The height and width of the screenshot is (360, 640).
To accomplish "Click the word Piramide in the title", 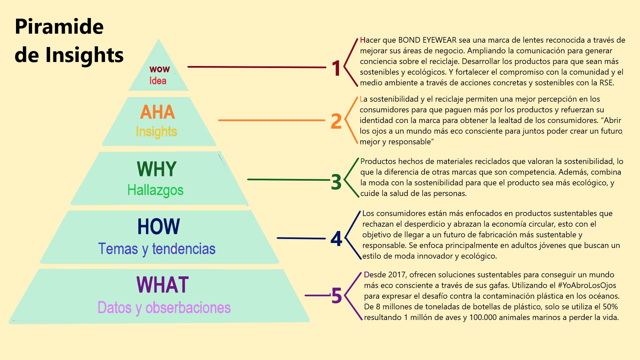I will click(59, 27).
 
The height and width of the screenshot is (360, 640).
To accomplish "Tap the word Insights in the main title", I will click(84, 55).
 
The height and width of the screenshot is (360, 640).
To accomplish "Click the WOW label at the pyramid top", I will click(160, 69).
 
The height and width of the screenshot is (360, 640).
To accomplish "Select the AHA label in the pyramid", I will click(157, 112).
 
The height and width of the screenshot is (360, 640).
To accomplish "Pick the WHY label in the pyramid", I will click(156, 169).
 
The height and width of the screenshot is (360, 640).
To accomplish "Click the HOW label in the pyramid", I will click(158, 227).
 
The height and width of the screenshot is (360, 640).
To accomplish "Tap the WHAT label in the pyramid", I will click(163, 285).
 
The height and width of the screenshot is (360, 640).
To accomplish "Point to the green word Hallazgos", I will click(155, 190).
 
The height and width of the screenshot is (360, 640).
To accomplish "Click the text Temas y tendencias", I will click(157, 249).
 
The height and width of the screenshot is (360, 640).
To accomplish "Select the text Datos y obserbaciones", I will click(164, 307).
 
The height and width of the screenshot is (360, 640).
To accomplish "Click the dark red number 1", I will click(336, 69).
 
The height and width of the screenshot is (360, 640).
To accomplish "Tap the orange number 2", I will click(336, 121).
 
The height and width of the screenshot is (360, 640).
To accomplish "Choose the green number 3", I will click(336, 182).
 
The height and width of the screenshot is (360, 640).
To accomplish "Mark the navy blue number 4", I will click(336, 239).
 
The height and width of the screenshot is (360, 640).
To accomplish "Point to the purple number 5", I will click(337, 296).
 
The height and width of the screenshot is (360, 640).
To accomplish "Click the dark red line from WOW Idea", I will click(257, 67).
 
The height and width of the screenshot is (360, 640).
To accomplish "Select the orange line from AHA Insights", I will click(271, 120).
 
